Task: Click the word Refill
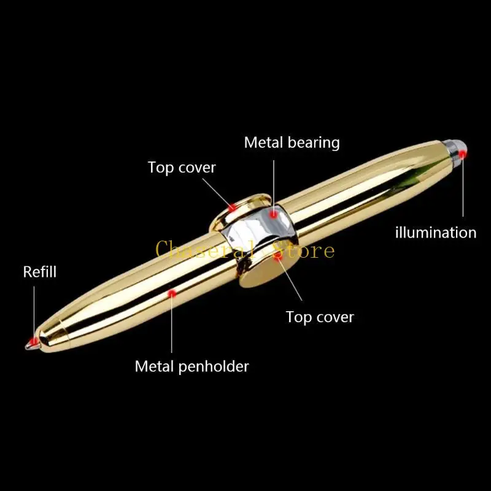click(40, 272)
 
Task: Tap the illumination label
click(435, 233)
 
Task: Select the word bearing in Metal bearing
click(312, 142)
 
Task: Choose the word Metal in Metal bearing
click(263, 142)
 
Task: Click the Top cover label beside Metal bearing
click(182, 167)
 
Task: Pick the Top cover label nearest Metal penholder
click(320, 317)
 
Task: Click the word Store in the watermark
click(307, 250)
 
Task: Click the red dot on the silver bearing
click(273, 214)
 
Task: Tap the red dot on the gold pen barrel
click(172, 294)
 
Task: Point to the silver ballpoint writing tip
click(28, 344)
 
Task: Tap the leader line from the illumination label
click(463, 190)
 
